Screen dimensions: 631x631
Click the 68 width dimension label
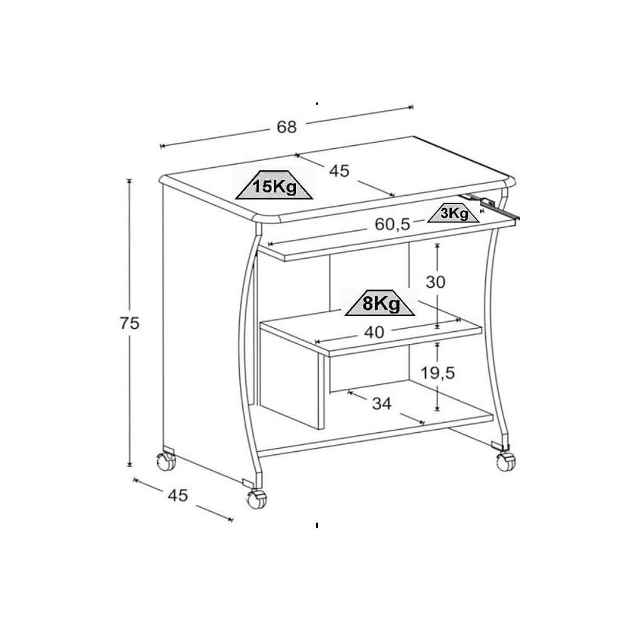[286, 127]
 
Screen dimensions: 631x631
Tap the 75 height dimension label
[129, 324]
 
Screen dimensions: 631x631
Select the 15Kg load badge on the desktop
[274, 187]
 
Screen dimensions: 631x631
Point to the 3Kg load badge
[454, 214]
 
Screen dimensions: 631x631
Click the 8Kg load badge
[380, 304]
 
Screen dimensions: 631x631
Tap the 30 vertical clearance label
[435, 282]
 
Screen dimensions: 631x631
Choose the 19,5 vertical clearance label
[438, 373]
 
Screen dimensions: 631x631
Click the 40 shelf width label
[374, 332]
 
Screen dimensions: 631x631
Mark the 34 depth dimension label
[382, 404]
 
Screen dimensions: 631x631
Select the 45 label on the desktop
[339, 170]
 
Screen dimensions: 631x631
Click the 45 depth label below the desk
[178, 495]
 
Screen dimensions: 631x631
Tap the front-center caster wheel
[256, 499]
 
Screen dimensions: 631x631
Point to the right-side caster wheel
[505, 461]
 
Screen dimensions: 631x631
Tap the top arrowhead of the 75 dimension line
[129, 181]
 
